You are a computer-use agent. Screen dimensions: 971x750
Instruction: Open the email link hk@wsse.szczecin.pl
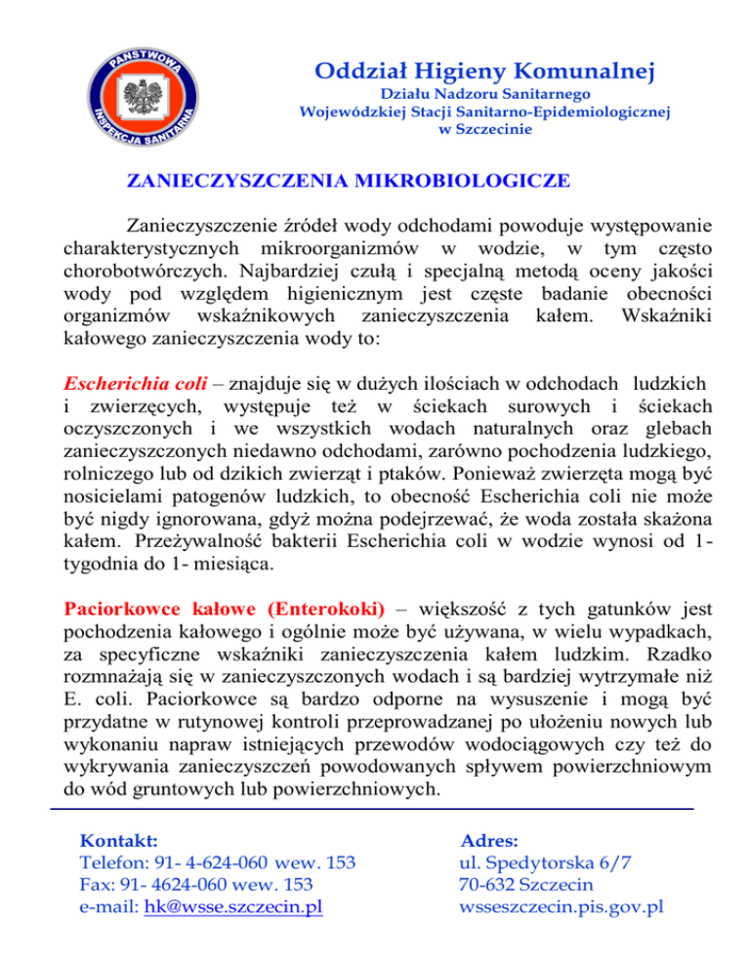click(232, 908)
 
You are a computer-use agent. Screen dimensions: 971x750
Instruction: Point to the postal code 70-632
click(490, 885)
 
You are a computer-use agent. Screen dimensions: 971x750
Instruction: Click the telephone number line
click(215, 864)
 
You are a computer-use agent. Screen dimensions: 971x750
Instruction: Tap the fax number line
click(194, 885)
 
